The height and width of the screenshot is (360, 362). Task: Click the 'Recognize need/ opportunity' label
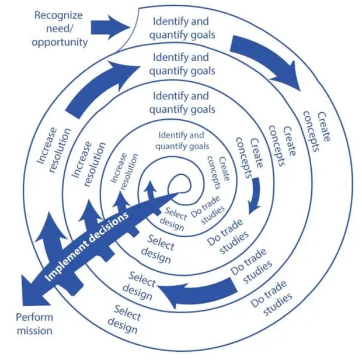click(x=60, y=29)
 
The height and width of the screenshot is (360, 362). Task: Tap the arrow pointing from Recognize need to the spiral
click(x=110, y=27)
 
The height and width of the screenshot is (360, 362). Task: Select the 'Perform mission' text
click(x=34, y=324)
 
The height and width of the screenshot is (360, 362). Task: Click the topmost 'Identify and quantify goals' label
click(x=182, y=28)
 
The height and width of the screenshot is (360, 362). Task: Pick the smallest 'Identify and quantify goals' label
click(x=182, y=140)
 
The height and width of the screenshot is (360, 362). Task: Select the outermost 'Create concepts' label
click(x=316, y=131)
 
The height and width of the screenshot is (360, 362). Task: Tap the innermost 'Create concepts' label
click(x=218, y=172)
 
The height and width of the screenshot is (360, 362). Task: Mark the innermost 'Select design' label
click(x=173, y=219)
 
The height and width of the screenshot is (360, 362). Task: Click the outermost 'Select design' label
click(x=125, y=319)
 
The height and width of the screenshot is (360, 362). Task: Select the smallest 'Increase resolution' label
click(x=124, y=171)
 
